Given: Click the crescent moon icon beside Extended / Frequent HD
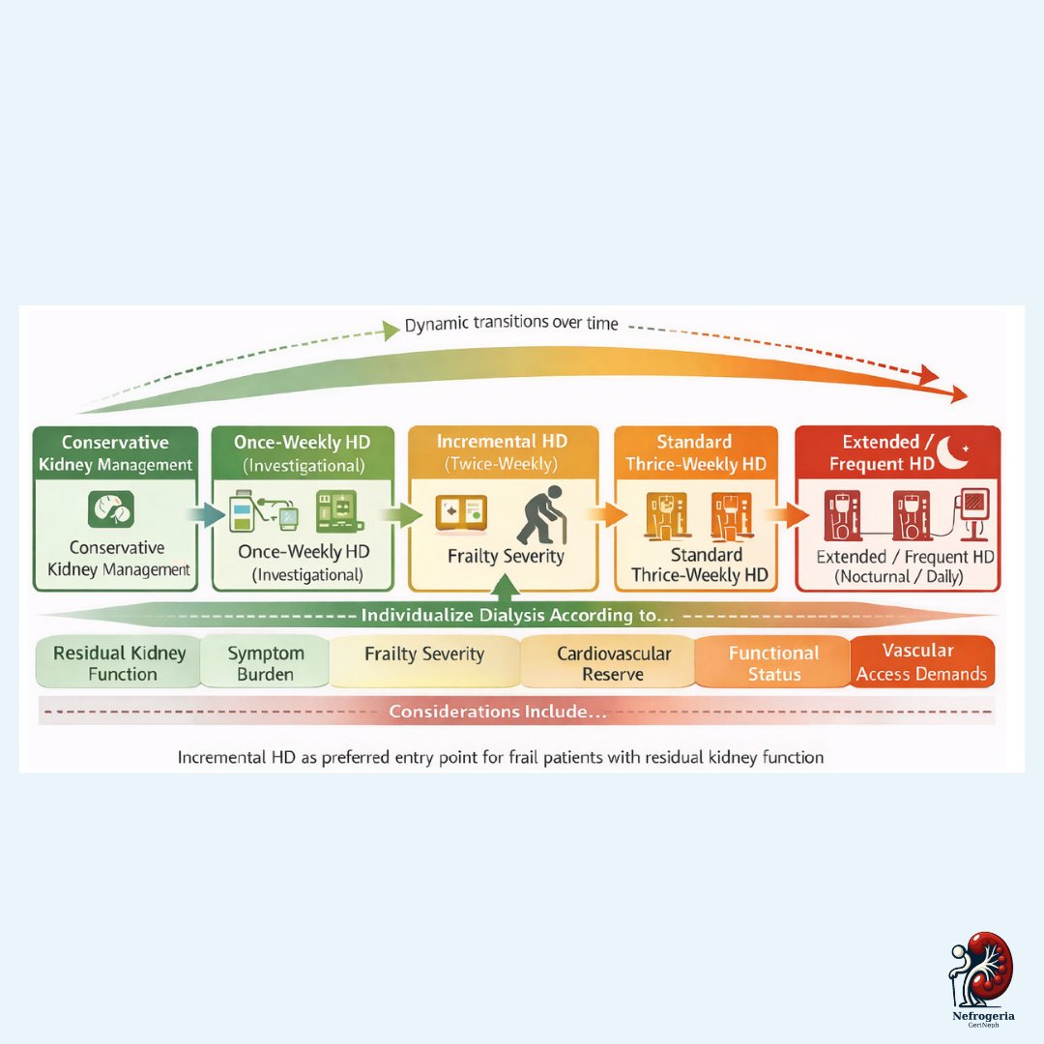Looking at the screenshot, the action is coord(951,452).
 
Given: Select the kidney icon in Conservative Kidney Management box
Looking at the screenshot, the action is coord(111,509).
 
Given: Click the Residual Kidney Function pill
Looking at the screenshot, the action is coord(119,663).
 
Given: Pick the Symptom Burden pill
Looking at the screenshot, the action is coord(265,663).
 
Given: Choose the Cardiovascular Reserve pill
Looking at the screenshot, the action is coord(613,663).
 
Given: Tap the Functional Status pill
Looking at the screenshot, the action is coord(773,663).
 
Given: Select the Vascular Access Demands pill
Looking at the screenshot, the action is coord(921,662).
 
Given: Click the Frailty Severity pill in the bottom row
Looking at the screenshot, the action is coord(424,663).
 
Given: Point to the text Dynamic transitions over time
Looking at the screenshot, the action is coord(511,324).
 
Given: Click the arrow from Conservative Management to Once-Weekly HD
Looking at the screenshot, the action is coord(207,514).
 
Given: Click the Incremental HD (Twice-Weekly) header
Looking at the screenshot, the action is coord(503,452).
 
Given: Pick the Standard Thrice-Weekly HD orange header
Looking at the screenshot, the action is coord(696,452).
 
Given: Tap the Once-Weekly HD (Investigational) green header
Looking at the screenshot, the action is coord(303,452).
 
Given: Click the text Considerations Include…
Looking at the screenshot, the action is coord(498,711).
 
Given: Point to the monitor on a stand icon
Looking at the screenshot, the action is coord(972,512).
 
